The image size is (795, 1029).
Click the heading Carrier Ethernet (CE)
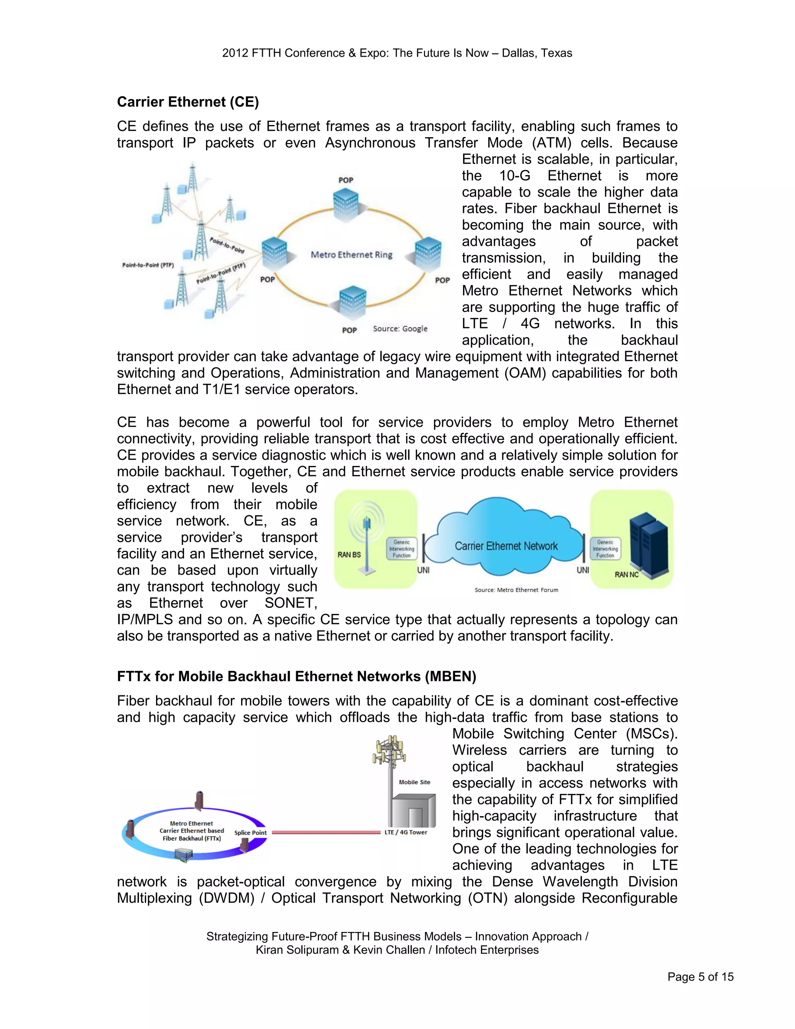[187, 102]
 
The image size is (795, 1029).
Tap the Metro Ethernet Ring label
[351, 255]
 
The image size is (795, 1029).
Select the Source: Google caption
[400, 329]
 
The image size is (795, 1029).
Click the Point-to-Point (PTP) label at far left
[148, 265]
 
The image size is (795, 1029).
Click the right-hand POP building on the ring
[428, 254]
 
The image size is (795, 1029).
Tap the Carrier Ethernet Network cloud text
[506, 546]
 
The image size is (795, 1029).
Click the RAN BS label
[349, 554]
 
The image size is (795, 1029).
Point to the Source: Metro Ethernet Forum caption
[516, 590]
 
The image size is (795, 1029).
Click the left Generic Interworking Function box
[402, 549]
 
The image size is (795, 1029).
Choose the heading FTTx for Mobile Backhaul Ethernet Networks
[296, 676]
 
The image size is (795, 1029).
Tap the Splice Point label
[250, 833]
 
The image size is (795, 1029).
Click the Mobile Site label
[415, 782]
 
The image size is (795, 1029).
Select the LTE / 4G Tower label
[406, 833]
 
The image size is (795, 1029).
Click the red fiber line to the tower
[325, 833]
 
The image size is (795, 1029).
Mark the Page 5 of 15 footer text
[700, 977]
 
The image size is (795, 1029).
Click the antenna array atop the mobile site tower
[389, 751]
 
